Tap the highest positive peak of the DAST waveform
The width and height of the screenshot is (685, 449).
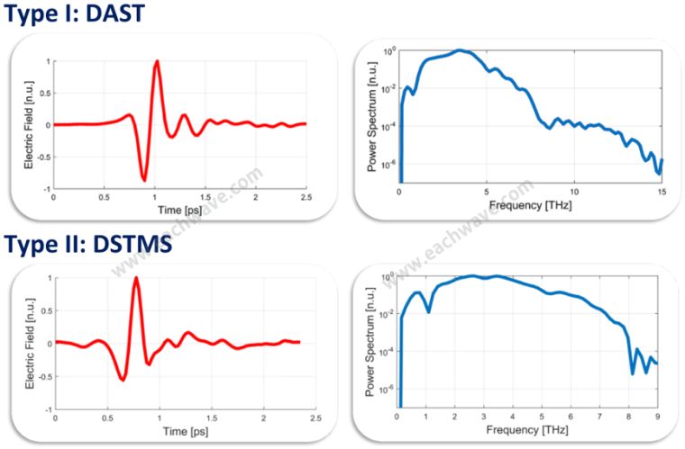click(157, 61)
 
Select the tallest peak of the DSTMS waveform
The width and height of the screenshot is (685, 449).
click(136, 278)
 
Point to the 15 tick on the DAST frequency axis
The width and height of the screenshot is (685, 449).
click(662, 193)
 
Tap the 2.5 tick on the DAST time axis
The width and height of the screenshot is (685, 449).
click(306, 196)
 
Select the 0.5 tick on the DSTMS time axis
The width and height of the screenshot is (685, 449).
click(107, 419)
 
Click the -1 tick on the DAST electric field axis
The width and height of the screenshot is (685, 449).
click(46, 189)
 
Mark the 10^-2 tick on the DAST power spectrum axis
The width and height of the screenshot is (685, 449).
click(388, 89)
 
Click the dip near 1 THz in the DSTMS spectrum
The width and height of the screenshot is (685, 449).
click(428, 311)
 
